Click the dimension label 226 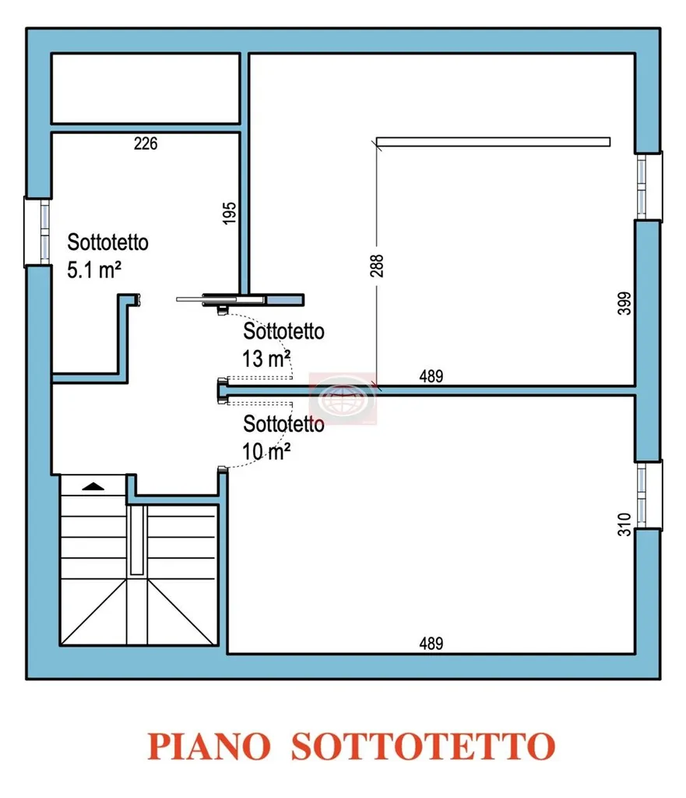(x=146, y=143)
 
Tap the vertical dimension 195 (x=230, y=213)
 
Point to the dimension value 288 (x=377, y=266)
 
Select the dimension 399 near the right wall (x=624, y=303)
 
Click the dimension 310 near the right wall (x=624, y=524)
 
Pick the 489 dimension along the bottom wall (x=431, y=644)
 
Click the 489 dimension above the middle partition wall (x=431, y=376)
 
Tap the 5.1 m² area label (x=94, y=270)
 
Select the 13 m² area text (x=266, y=358)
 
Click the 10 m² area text (x=266, y=451)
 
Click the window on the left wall (x=38, y=232)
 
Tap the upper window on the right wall (x=649, y=187)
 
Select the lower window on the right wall (x=649, y=495)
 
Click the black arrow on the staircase (x=93, y=486)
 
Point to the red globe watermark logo (x=343, y=398)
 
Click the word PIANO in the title (x=209, y=747)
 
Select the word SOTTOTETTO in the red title (x=423, y=747)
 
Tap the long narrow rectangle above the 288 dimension (x=493, y=142)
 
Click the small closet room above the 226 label (x=146, y=88)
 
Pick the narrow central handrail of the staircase (x=137, y=540)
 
